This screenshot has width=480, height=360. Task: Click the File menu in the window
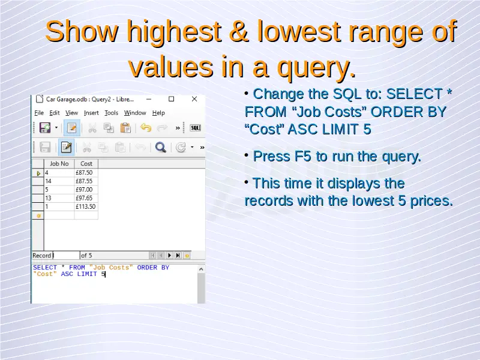(x=39, y=113)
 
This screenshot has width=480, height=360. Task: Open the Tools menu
(x=111, y=113)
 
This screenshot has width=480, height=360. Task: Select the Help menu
(x=158, y=113)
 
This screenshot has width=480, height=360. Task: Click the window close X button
(x=194, y=99)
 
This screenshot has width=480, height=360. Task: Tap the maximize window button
(x=172, y=99)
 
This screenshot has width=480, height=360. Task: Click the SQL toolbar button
(x=196, y=128)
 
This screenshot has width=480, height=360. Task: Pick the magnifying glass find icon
(x=160, y=147)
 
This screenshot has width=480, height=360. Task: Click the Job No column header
(x=59, y=164)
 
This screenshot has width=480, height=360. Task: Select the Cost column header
(x=86, y=164)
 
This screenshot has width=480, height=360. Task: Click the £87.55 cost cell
(x=84, y=181)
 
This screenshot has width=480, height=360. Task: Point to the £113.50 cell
(x=86, y=206)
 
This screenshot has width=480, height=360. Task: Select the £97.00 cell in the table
(x=84, y=190)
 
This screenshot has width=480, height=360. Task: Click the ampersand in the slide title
(x=239, y=31)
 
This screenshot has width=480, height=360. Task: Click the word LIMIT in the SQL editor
(x=87, y=274)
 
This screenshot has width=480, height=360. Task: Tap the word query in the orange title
(x=317, y=67)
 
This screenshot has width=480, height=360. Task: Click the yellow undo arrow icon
(x=146, y=128)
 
